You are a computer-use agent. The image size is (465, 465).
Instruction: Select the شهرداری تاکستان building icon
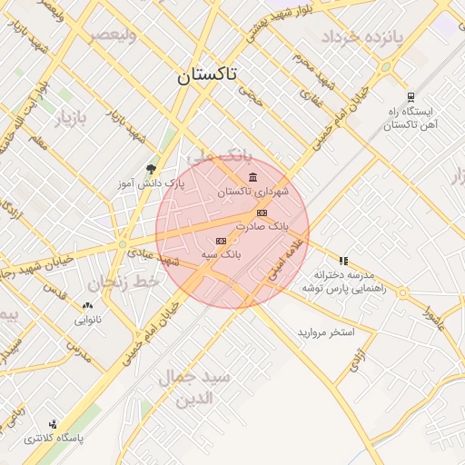click(252, 177)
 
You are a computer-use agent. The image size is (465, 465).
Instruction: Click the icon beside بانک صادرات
click(262, 213)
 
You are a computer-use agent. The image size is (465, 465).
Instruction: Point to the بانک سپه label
click(223, 255)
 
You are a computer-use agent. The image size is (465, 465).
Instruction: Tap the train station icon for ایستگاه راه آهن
click(411, 96)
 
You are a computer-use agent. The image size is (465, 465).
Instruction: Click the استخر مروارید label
click(325, 333)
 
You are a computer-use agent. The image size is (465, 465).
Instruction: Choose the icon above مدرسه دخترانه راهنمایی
click(343, 261)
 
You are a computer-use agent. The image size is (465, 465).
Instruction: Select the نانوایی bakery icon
click(88, 306)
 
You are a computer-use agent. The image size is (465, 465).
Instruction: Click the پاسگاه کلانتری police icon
click(54, 424)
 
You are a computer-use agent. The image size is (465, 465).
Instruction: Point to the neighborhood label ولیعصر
click(114, 35)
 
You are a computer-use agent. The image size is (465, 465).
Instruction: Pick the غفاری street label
click(319, 89)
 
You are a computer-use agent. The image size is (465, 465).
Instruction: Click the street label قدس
click(56, 296)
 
